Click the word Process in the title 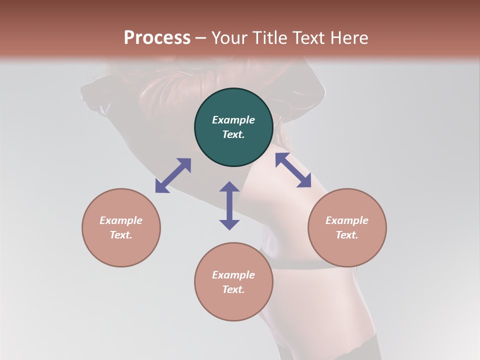click(157, 38)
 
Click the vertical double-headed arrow click(229, 205)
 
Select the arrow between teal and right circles click(293, 170)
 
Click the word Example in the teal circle click(233, 120)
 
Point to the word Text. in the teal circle click(233, 134)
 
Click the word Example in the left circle click(121, 220)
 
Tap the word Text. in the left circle click(121, 235)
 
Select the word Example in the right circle click(347, 220)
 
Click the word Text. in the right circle click(347, 235)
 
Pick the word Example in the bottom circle click(233, 275)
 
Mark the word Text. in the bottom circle click(233, 289)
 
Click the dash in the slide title click(201, 38)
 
